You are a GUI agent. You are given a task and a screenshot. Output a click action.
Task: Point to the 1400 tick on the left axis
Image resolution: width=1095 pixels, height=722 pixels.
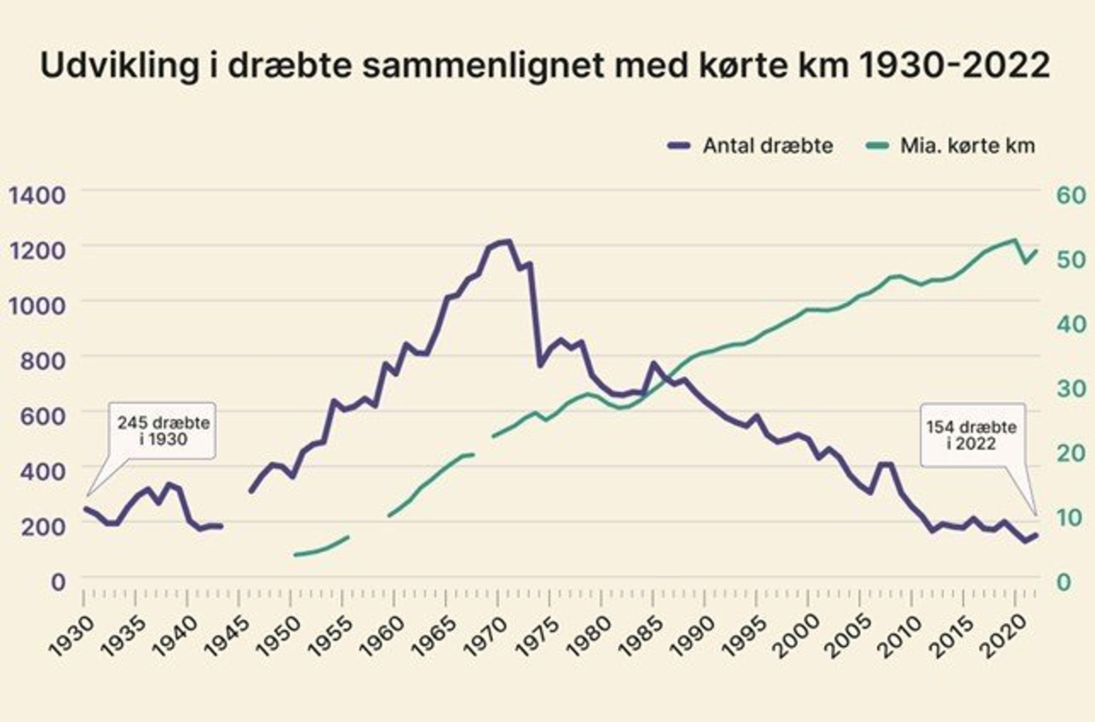pyautogui.click(x=37, y=196)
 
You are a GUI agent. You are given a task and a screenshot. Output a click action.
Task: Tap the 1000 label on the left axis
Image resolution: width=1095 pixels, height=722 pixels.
pyautogui.click(x=37, y=306)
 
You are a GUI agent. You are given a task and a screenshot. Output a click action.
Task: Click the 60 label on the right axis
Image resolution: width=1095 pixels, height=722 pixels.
pyautogui.click(x=1071, y=195)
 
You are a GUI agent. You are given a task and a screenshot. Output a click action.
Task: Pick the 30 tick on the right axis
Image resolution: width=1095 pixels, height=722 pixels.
pyautogui.click(x=1071, y=389)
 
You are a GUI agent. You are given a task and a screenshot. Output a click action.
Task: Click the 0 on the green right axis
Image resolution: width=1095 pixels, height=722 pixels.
pyautogui.click(x=1064, y=582)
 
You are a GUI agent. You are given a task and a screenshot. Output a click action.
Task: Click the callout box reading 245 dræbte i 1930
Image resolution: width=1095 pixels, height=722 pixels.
pyautogui.click(x=163, y=430)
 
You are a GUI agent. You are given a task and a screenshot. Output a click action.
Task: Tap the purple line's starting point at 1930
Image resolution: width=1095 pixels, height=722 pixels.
pyautogui.click(x=85, y=508)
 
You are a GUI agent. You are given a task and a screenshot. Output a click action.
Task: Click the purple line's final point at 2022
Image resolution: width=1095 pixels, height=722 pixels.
pyautogui.click(x=1036, y=534)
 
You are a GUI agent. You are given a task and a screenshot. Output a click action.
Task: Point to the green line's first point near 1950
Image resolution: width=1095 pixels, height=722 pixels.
pyautogui.click(x=295, y=554)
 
